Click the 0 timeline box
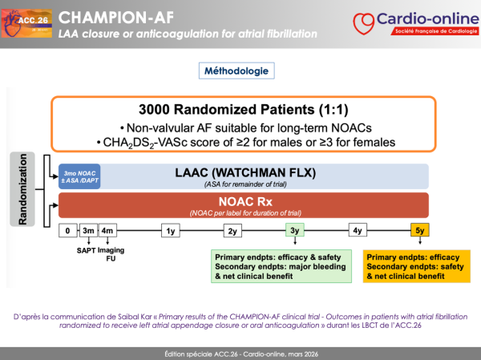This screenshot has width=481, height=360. point(68,231)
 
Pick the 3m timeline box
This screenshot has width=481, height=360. point(89,231)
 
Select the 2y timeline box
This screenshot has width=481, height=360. point(233,231)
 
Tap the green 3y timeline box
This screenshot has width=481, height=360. point(295,231)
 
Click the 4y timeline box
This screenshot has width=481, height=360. point(357,231)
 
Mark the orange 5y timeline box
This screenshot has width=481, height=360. point(419,231)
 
